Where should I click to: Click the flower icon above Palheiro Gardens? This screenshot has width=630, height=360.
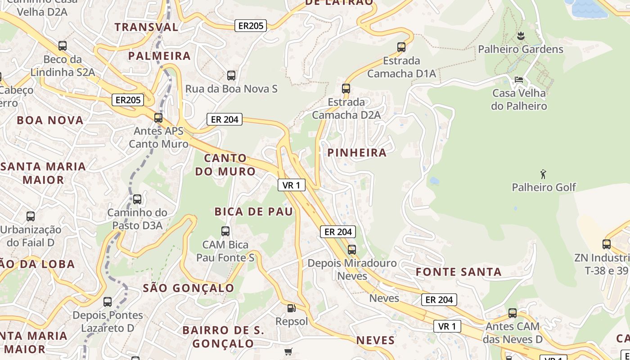pyautogui.click(x=521, y=36)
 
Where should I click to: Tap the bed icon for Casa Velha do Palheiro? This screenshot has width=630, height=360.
pyautogui.click(x=519, y=80)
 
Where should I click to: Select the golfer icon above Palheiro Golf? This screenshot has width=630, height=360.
pyautogui.click(x=543, y=174)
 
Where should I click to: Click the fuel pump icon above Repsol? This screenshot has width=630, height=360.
pyautogui.click(x=292, y=308)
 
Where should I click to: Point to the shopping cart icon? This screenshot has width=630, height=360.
pyautogui.click(x=288, y=351)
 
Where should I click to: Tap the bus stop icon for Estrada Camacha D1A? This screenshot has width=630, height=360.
pyautogui.click(x=401, y=47)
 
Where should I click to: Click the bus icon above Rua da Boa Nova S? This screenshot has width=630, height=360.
pyautogui.click(x=231, y=76)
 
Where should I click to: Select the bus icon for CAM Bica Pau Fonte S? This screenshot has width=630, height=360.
pyautogui.click(x=225, y=231)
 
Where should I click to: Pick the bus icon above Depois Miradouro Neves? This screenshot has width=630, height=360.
pyautogui.click(x=352, y=249)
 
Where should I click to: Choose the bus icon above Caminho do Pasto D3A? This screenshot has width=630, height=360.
pyautogui.click(x=137, y=199)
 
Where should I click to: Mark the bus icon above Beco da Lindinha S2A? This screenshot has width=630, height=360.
pyautogui.click(x=63, y=46)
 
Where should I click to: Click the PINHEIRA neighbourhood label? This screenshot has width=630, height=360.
pyautogui.click(x=357, y=153)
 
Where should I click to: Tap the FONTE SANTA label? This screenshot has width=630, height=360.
pyautogui.click(x=458, y=272)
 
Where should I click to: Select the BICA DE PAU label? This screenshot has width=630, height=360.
pyautogui.click(x=254, y=211)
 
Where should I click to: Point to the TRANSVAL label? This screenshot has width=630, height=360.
pyautogui.click(x=146, y=27)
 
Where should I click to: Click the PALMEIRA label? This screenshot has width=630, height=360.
pyautogui.click(x=159, y=56)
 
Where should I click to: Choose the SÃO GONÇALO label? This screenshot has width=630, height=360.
pyautogui.click(x=189, y=288)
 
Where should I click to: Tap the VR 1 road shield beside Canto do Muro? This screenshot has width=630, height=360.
pyautogui.click(x=291, y=185)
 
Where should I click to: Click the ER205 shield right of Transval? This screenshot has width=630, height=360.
pyautogui.click(x=251, y=26)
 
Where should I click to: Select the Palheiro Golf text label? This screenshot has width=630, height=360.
pyautogui.click(x=544, y=187)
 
